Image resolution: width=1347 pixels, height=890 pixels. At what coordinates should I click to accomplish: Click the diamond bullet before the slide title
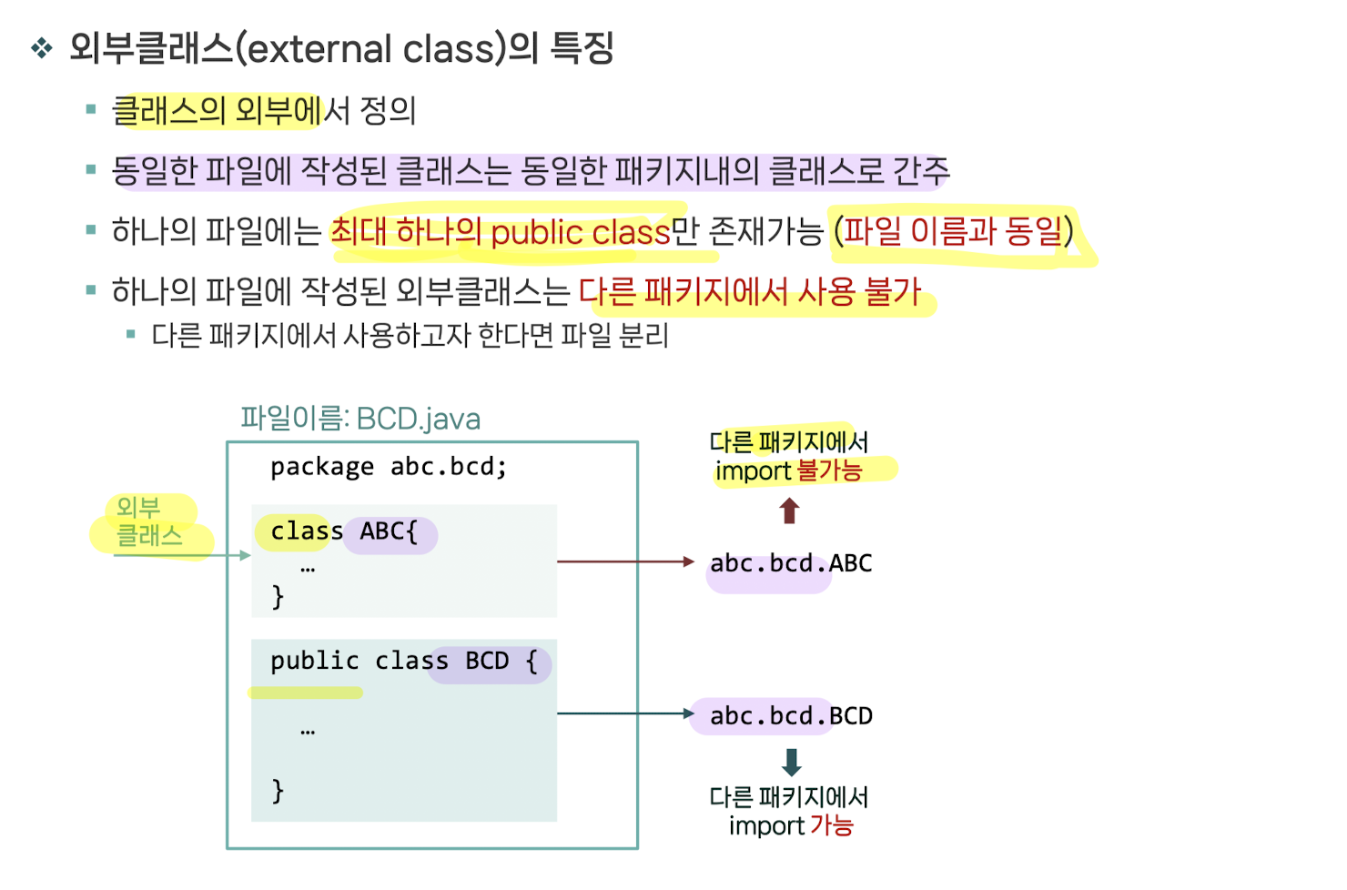42,48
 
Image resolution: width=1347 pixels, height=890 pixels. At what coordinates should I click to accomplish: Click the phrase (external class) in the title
370,48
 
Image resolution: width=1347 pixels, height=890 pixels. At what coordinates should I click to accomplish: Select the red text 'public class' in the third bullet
580,233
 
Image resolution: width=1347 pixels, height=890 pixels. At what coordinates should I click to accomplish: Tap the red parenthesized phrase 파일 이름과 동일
953,231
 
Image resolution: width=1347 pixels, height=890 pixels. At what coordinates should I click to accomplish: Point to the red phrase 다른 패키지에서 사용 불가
750,292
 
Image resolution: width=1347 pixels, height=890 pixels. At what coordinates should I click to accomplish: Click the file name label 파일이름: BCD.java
360,419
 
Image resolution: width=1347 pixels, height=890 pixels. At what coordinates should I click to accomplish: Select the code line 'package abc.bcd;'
389,467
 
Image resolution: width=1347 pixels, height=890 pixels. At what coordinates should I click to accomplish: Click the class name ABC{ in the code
389,531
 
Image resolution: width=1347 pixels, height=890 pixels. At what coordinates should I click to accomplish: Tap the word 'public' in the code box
314,661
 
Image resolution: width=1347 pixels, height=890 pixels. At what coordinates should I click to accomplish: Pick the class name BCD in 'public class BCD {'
487,661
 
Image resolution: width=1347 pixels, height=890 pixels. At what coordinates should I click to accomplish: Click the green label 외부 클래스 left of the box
149,522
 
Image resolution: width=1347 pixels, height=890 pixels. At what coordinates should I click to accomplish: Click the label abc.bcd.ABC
790,563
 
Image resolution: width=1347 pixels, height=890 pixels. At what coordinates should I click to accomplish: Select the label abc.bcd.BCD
790,716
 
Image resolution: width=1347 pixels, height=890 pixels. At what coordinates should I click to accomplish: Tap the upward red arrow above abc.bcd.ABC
789,511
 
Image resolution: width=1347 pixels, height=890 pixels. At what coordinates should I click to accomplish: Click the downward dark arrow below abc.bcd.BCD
791,762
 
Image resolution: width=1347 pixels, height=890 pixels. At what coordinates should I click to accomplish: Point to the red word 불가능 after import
828,470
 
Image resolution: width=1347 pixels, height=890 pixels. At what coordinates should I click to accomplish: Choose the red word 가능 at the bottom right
831,825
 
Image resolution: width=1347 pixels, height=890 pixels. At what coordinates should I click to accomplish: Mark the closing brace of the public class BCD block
278,790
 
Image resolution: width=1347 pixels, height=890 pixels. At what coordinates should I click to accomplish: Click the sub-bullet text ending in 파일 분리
410,336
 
